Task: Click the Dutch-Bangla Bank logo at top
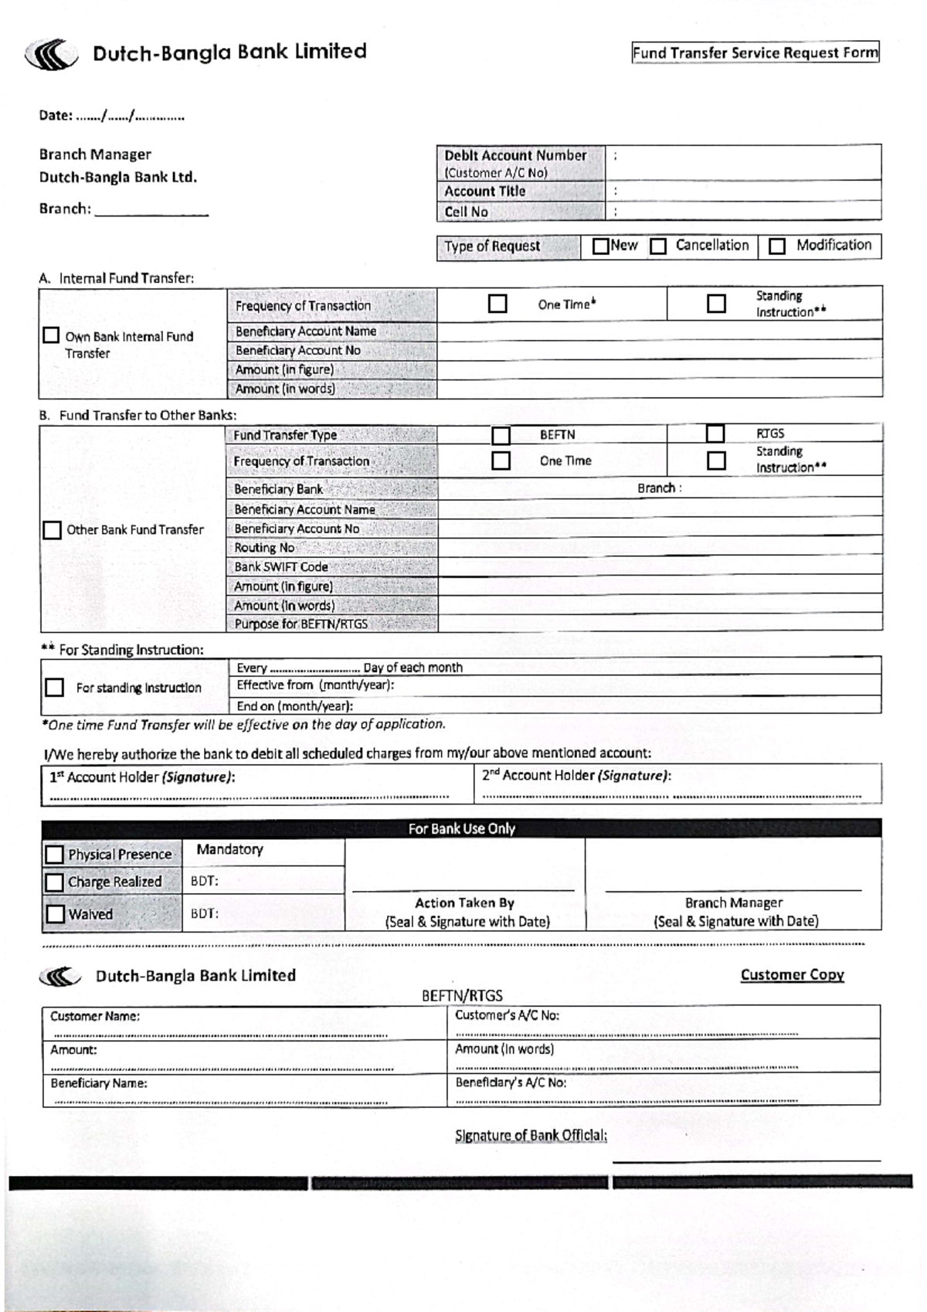(51, 55)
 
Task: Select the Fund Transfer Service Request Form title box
(755, 53)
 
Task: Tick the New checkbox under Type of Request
(600, 246)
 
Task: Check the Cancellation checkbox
(658, 246)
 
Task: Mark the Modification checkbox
(777, 246)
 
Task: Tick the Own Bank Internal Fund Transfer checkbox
(51, 335)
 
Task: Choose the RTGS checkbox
(715, 433)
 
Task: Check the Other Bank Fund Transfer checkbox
(52, 530)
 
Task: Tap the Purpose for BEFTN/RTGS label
(301, 624)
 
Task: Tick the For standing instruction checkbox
(54, 688)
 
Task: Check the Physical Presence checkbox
(54, 855)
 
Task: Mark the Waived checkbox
(55, 914)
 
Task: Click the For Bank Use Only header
(461, 828)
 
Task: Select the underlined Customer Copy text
(792, 975)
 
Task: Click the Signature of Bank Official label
(531, 1135)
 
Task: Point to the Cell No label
(466, 212)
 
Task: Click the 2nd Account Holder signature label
(576, 776)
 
